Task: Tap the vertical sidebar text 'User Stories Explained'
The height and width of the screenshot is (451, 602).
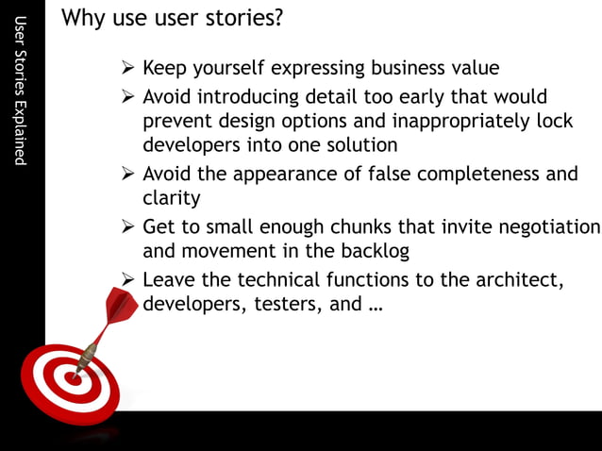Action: tap(22, 92)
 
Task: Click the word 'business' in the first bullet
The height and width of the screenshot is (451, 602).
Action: tap(410, 68)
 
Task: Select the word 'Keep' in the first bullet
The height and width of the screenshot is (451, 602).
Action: tap(164, 68)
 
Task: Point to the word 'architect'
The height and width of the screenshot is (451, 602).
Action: tap(522, 280)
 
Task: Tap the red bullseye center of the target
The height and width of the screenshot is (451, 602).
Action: tap(70, 377)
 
